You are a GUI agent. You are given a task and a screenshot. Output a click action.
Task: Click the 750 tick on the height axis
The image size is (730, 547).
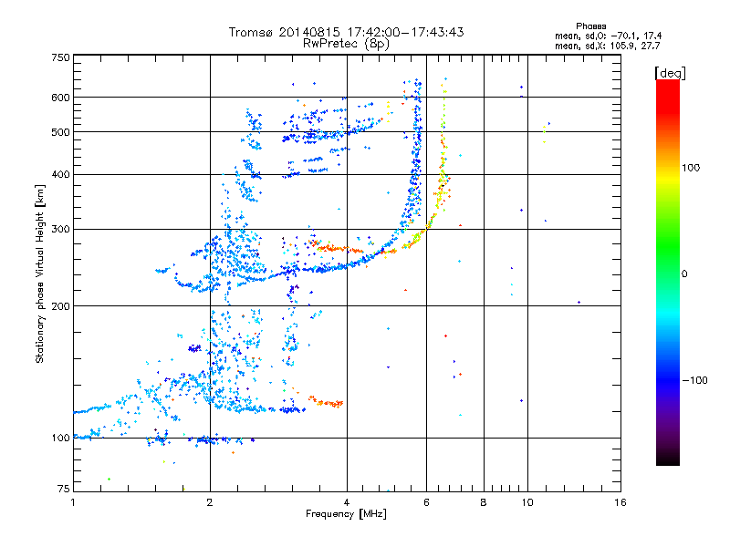pos(61,57)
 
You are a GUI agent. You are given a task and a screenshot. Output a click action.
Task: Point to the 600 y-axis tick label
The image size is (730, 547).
pos(61,98)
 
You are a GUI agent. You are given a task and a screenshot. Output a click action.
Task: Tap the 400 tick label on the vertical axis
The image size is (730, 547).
pos(61,174)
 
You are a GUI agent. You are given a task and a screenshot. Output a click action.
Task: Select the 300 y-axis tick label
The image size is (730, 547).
pos(61,229)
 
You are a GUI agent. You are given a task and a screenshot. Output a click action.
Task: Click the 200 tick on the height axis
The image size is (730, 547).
pos(61,306)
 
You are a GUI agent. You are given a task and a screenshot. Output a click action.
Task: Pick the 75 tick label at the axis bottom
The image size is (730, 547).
pos(64,490)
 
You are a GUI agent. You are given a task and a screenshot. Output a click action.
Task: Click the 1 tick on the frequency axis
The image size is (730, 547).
pos(73,501)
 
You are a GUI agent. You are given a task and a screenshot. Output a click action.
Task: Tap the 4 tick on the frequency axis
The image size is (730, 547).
pos(347,501)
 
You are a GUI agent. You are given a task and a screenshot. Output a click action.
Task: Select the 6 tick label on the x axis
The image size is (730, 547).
pos(427,501)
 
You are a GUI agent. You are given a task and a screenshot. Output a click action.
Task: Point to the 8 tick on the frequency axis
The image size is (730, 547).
pos(484,501)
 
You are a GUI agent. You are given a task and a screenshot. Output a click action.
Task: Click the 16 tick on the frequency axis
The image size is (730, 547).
pos(620,501)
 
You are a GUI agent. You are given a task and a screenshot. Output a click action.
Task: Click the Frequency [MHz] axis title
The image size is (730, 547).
pos(346,514)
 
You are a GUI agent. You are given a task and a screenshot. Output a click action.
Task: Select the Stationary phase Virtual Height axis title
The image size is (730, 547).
pos(40,273)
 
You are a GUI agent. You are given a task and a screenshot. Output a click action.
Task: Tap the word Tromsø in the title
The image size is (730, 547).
pos(252,32)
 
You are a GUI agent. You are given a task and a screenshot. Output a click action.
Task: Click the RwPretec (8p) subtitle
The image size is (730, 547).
pos(347,43)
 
